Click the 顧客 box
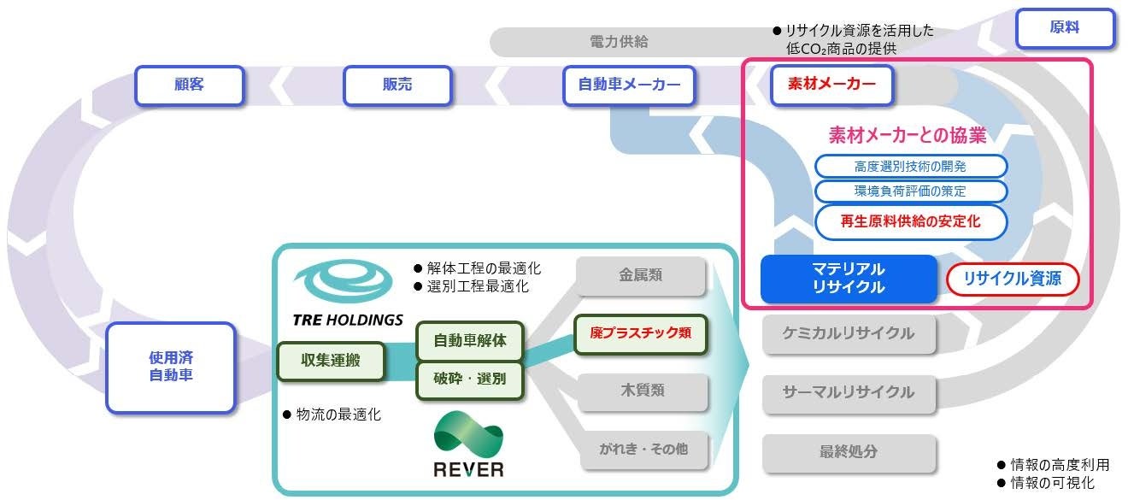click(189, 85)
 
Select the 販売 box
click(397, 85)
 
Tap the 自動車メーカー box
click(629, 85)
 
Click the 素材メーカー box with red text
click(831, 85)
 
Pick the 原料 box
click(1065, 28)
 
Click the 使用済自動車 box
click(171, 368)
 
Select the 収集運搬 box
click(331, 361)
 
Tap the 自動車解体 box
click(470, 340)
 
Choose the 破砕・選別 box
click(470, 379)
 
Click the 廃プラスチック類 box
click(641, 332)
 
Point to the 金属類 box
click(641, 276)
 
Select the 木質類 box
click(641, 391)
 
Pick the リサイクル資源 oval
click(1013, 279)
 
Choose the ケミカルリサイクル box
click(848, 333)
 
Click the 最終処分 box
click(848, 450)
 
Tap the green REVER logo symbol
click(468, 434)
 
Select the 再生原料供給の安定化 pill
click(910, 221)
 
